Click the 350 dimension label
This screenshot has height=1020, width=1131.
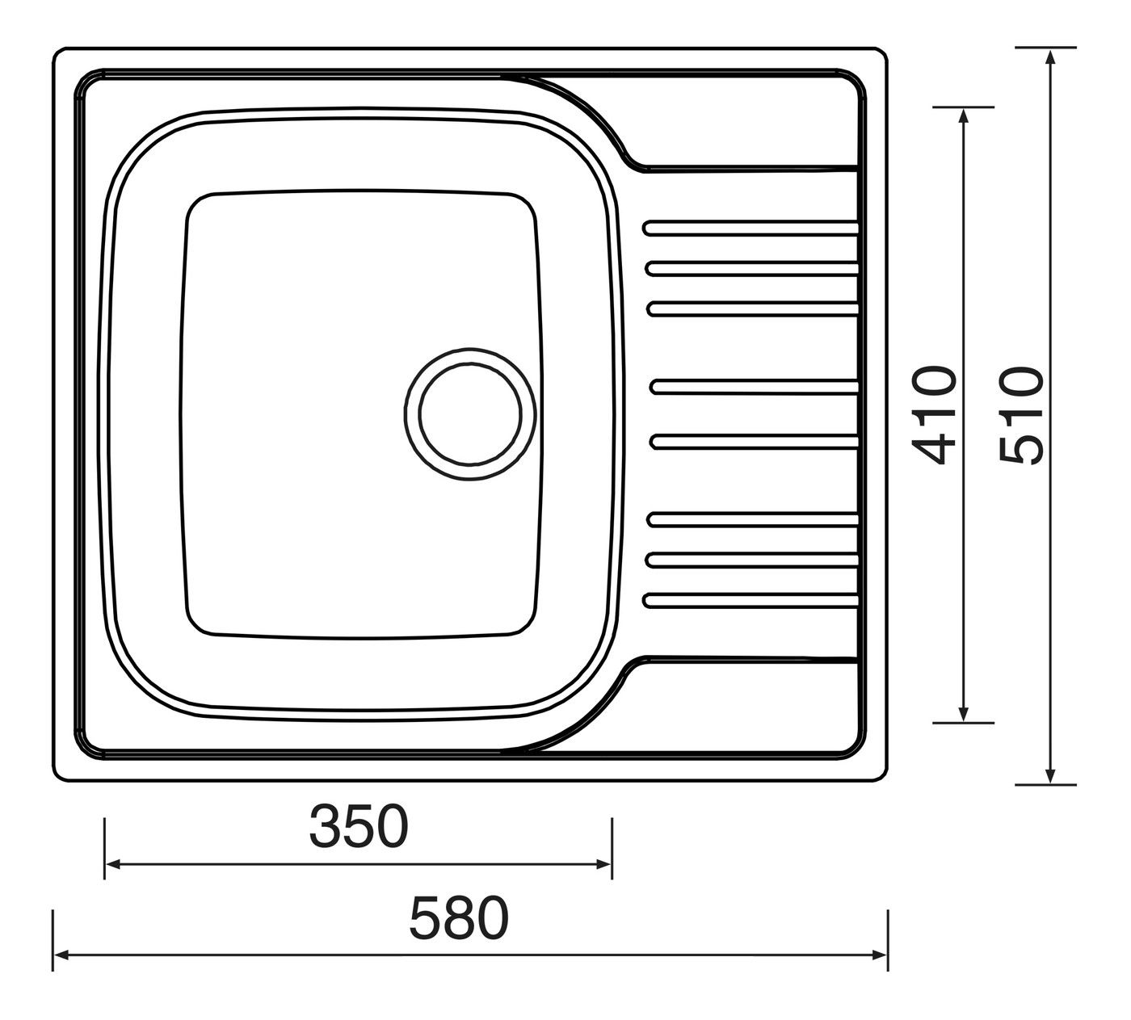pyautogui.click(x=359, y=827)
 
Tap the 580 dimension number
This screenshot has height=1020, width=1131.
pyautogui.click(x=459, y=918)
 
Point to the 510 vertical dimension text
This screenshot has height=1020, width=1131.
pyautogui.click(x=1021, y=416)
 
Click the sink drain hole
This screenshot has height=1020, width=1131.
pyautogui.click(x=470, y=413)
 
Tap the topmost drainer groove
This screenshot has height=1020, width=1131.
pyautogui.click(x=750, y=228)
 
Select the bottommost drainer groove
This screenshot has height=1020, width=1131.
pyautogui.click(x=750, y=601)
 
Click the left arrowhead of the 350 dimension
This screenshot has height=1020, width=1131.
pyautogui.click(x=113, y=864)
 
